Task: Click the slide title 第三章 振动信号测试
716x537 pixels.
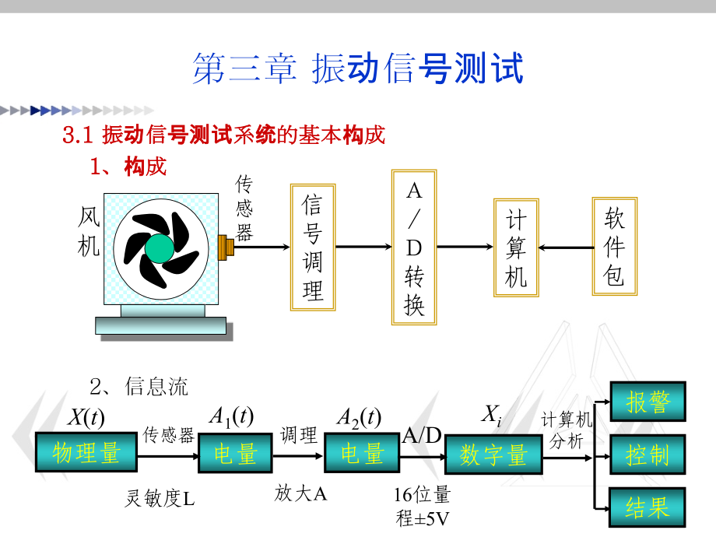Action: coord(357,68)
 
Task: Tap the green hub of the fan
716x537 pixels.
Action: coord(160,248)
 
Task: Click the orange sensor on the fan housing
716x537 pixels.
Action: coord(227,247)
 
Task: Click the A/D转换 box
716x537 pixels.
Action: coord(414,247)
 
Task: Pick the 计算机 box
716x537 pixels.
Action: coord(516,247)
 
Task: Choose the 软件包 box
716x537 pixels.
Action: coord(615,247)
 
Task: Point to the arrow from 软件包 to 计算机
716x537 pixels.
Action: coord(565,248)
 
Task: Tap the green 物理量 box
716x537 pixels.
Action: coord(86,453)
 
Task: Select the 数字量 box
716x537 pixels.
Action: coord(493,454)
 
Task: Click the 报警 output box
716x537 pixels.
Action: coord(648,402)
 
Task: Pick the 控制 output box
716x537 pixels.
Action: coord(648,455)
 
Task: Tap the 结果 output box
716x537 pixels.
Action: coord(648,507)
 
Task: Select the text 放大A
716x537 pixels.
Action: coord(300,493)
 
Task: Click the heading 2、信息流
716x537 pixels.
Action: coord(139,386)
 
